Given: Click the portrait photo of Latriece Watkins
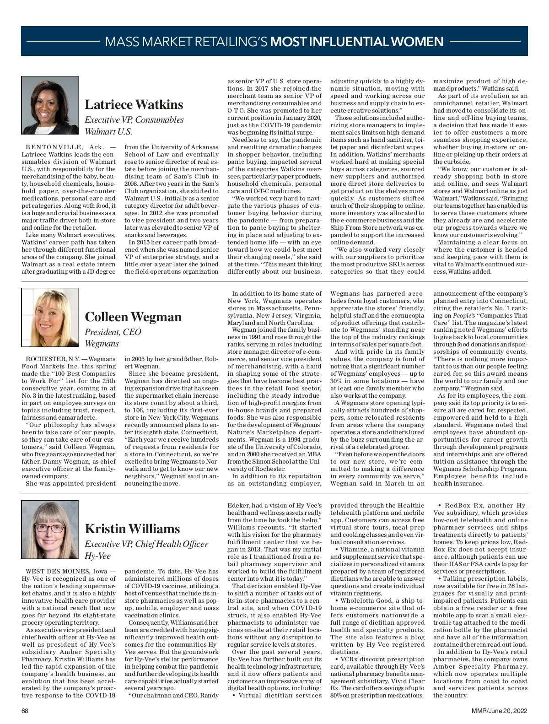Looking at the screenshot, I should (x=50, y=105).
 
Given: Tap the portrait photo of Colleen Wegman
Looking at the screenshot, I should (x=50, y=317).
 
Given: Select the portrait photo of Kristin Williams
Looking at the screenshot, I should (x=50, y=529).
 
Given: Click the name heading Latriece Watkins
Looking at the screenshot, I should (x=134, y=105).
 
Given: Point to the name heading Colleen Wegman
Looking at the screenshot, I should (x=133, y=317).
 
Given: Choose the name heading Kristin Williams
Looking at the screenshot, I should (x=132, y=529).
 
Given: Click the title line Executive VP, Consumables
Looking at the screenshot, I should (x=134, y=120).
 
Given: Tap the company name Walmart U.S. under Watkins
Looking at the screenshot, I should (x=108, y=132).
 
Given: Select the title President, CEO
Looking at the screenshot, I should (x=113, y=332).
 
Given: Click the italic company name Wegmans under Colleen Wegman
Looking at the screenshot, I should (x=102, y=344).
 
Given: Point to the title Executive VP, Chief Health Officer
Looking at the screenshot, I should (x=146, y=544).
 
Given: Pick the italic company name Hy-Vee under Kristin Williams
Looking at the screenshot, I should (x=97, y=556).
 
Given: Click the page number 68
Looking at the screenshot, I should (x=25, y=711).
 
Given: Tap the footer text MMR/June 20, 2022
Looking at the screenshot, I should (x=500, y=711).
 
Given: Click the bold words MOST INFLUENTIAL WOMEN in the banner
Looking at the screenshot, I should (x=357, y=42).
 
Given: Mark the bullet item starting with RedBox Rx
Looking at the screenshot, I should (x=480, y=538).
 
